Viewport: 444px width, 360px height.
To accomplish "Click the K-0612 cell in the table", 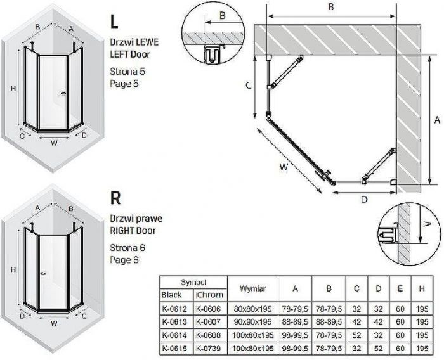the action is pyautogui.click(x=174, y=309).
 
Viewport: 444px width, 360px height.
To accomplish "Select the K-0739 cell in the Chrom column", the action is pyautogui.click(x=209, y=348).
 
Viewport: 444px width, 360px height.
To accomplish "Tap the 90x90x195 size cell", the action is pyautogui.click(x=252, y=322).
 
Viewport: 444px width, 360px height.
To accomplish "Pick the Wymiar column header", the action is pyautogui.click(x=252, y=288).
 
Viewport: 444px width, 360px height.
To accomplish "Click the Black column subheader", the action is pyautogui.click(x=171, y=295).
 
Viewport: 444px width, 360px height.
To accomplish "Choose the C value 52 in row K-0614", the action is pyautogui.click(x=356, y=335).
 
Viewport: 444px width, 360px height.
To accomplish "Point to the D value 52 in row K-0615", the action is pyautogui.click(x=378, y=348).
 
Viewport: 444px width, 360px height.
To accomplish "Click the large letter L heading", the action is pyautogui.click(x=114, y=22).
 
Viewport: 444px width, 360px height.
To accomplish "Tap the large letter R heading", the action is pyautogui.click(x=115, y=198).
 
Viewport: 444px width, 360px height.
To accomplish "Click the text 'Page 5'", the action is pyautogui.click(x=124, y=84).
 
